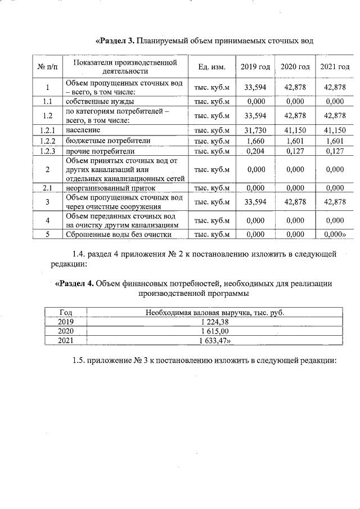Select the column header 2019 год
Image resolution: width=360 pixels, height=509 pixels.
click(255, 67)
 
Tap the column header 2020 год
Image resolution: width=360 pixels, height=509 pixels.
click(295, 67)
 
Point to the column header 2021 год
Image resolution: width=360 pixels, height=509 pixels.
click(335, 67)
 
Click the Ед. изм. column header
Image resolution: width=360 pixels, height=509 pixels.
click(212, 67)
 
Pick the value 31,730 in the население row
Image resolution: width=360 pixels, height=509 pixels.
click(255, 130)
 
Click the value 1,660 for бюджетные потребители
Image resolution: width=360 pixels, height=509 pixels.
click(255, 141)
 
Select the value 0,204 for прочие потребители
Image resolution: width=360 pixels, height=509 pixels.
click(255, 151)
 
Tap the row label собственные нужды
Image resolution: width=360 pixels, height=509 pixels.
click(100, 102)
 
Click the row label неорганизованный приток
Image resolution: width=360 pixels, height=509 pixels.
click(110, 188)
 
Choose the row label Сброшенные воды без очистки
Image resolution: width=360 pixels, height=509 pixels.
click(119, 235)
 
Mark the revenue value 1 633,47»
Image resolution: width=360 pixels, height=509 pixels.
click(215, 341)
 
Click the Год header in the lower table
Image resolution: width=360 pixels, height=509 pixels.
click(66, 312)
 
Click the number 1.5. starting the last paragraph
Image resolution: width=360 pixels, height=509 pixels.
click(82, 361)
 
